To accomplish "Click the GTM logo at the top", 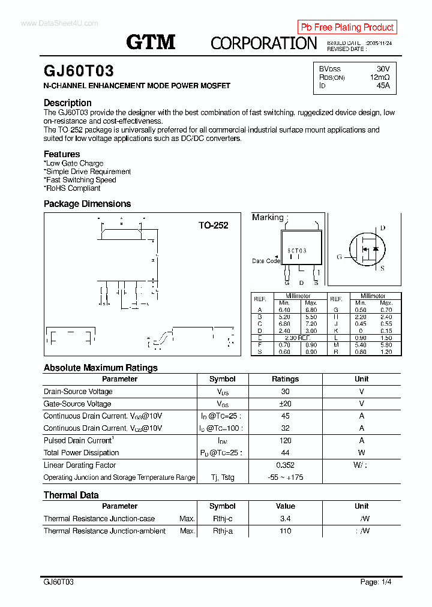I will pyautogui.click(x=151, y=42).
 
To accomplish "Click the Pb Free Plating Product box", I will pyautogui.click(x=347, y=27).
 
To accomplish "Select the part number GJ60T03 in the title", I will pyautogui.click(x=79, y=71).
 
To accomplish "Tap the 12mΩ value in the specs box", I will pyautogui.click(x=379, y=77).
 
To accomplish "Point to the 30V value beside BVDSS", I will pyautogui.click(x=383, y=69).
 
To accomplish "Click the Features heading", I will pyautogui.click(x=62, y=154).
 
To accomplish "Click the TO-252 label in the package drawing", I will pyautogui.click(x=213, y=226).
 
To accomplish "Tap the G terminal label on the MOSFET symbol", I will pyautogui.click(x=339, y=257).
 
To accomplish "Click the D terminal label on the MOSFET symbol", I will pyautogui.click(x=383, y=228).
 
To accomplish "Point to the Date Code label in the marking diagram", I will pyautogui.click(x=266, y=261).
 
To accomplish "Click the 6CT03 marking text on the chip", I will pyautogui.click(x=296, y=251).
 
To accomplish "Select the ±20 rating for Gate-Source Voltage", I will pyautogui.click(x=285, y=404).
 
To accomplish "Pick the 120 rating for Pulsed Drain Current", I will pyautogui.click(x=285, y=440).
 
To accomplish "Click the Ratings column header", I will pyautogui.click(x=285, y=379).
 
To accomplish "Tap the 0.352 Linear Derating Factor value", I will pyautogui.click(x=285, y=465).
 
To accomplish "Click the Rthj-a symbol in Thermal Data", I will pyautogui.click(x=223, y=531).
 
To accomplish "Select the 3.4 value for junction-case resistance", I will pyautogui.click(x=285, y=518).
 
